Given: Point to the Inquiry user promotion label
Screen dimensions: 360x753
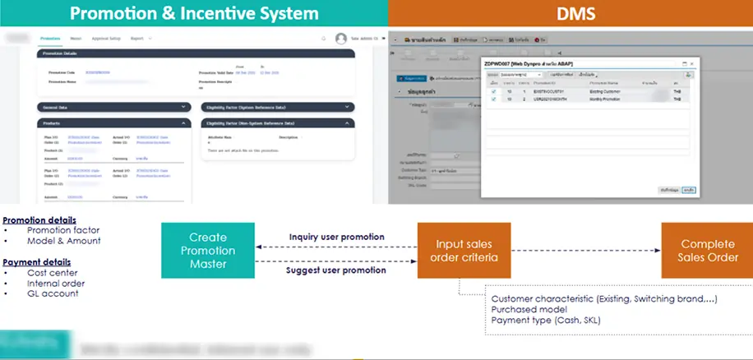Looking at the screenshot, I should pos(336,238).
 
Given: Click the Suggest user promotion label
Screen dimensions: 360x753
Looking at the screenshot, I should pos(336,269).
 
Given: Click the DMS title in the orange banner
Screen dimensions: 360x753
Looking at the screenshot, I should pos(570,14).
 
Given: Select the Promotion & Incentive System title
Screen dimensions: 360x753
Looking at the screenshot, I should pos(193,14).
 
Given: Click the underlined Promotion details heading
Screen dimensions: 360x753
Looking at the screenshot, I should pos(39,220).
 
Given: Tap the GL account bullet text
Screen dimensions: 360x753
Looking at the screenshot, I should pos(53,293).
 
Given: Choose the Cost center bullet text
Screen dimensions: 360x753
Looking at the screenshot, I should pos(53,272).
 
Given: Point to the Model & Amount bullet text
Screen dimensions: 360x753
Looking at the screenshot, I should pos(64,241).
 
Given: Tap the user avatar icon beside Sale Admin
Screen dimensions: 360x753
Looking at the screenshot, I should pos(341,39).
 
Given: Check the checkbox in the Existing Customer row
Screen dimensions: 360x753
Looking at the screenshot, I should pos(494,92).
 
